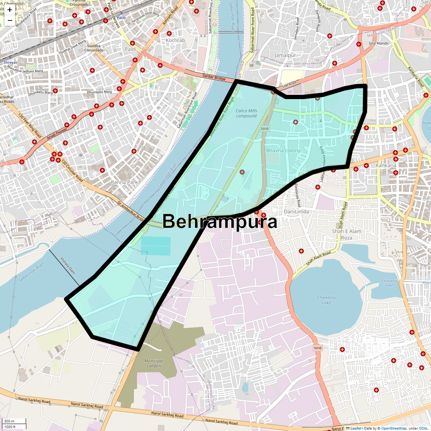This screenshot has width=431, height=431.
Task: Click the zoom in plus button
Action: point(10,10)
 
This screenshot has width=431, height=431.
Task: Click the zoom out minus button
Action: point(10,20)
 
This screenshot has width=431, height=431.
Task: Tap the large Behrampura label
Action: point(220,222)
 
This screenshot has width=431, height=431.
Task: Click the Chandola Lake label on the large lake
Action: point(326,300)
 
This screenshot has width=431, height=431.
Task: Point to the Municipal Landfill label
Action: point(154,363)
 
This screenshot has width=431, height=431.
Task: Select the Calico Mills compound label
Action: point(247,113)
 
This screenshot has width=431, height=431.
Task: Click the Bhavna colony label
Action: point(283,150)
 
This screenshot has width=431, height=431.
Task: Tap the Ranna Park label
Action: point(124,182)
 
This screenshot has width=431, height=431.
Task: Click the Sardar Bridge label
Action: point(214,78)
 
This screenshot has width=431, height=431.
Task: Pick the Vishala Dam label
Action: point(68,266)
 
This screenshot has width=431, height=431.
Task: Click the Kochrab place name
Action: point(175,40)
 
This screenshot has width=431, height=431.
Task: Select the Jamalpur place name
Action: point(285,56)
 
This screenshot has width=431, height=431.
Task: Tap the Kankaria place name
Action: point(386,166)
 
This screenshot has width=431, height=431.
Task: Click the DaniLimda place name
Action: point(296,212)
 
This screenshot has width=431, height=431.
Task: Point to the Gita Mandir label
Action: point(378,43)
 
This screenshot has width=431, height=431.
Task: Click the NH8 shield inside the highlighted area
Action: point(265,129)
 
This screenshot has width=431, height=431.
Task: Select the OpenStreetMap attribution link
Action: point(393,428)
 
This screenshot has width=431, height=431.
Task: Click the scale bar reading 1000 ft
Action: point(10,427)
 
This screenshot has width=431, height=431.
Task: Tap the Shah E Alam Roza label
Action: point(346,234)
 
